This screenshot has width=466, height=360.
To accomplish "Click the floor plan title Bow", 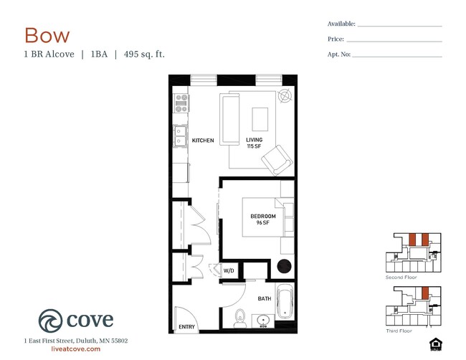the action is (x=47, y=35).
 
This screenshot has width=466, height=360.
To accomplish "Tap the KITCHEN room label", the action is (x=203, y=141).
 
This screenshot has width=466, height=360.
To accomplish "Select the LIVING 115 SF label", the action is (x=254, y=143).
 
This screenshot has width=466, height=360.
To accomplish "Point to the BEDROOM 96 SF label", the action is (x=263, y=219).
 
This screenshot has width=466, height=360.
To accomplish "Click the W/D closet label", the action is (x=229, y=270).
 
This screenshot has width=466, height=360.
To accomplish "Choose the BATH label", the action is (x=265, y=298).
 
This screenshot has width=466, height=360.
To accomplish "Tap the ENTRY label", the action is (x=186, y=327).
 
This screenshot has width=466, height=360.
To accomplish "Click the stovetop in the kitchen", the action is (x=181, y=103).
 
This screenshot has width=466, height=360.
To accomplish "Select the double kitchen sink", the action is (x=180, y=136).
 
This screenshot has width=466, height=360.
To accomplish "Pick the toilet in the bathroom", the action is (x=240, y=318).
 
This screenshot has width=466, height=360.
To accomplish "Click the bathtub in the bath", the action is (x=285, y=300).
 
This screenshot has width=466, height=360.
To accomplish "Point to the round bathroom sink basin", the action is (x=263, y=321).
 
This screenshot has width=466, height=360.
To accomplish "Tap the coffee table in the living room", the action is (x=260, y=119).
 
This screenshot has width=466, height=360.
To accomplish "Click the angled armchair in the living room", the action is (x=277, y=160).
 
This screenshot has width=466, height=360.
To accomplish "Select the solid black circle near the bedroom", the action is (x=284, y=266).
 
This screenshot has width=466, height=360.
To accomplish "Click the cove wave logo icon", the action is (x=50, y=321).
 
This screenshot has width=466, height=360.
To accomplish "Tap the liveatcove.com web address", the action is (x=76, y=349).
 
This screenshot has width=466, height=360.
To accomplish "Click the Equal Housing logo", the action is (x=436, y=344).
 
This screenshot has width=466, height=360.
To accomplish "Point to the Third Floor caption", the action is (x=399, y=331).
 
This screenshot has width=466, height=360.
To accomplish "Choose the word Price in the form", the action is (x=336, y=39).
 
